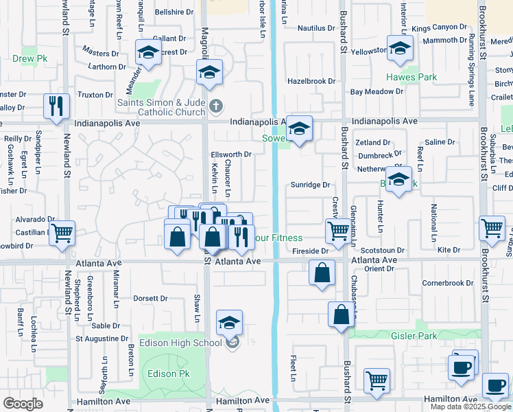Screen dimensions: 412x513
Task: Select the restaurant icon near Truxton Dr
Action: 56,105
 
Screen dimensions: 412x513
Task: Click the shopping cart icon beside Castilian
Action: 62,233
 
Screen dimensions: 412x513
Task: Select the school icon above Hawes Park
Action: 398,49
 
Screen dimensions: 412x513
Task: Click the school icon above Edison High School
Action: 229,322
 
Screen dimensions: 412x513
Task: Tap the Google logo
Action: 23,403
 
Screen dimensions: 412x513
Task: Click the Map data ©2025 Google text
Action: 470,407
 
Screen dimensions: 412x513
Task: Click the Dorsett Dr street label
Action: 150,299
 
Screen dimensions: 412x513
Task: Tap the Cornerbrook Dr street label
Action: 448,283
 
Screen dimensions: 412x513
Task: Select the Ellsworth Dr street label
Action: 231,154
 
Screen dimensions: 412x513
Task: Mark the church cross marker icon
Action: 217,106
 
